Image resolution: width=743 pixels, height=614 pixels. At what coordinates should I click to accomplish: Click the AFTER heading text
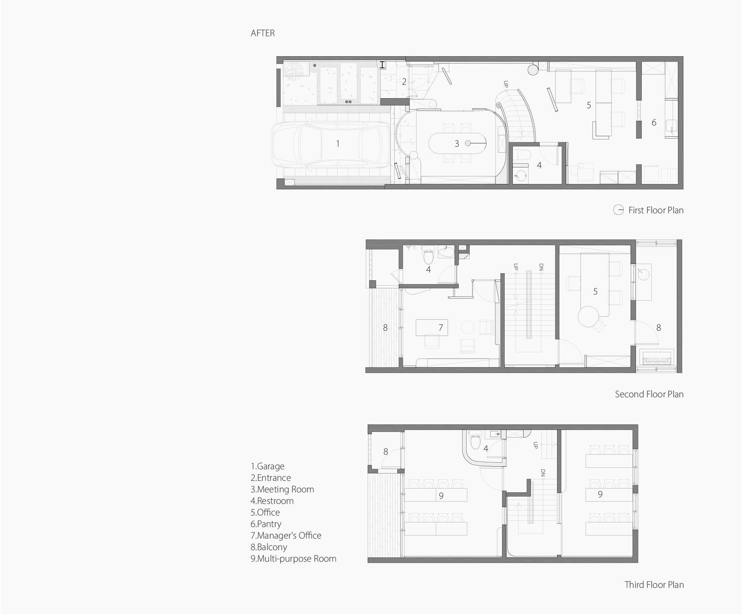coord(263,33)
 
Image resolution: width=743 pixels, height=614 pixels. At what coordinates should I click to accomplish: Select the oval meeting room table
coord(457,144)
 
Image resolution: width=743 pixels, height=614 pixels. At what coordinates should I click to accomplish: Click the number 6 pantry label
coord(654,122)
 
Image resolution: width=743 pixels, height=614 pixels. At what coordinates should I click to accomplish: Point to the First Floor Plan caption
coord(656,210)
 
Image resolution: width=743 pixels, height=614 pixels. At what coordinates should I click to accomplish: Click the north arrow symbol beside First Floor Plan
coord(618,210)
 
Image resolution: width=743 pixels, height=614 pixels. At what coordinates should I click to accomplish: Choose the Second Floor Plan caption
coord(649,394)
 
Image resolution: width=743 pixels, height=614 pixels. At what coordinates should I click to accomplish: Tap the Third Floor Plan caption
coord(654,585)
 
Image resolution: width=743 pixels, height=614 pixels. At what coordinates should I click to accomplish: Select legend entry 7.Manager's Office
coord(286,535)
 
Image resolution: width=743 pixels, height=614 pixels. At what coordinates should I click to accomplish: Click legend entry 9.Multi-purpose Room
coord(293,559)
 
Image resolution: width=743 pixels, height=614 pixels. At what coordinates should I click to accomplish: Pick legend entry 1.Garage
coord(268,466)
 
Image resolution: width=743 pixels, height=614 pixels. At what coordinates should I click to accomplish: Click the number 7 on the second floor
coord(441,328)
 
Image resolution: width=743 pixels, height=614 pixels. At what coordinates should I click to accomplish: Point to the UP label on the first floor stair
coord(506,84)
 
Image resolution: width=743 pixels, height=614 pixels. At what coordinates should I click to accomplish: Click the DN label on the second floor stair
coord(541,267)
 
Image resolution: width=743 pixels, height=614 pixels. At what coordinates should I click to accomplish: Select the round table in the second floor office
coord(589,316)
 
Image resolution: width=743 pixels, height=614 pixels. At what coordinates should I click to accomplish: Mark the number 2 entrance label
coord(404,82)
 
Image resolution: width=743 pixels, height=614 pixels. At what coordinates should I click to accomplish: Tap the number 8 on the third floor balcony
coord(386,452)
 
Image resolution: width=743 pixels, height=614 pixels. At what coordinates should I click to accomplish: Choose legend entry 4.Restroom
coord(272,501)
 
